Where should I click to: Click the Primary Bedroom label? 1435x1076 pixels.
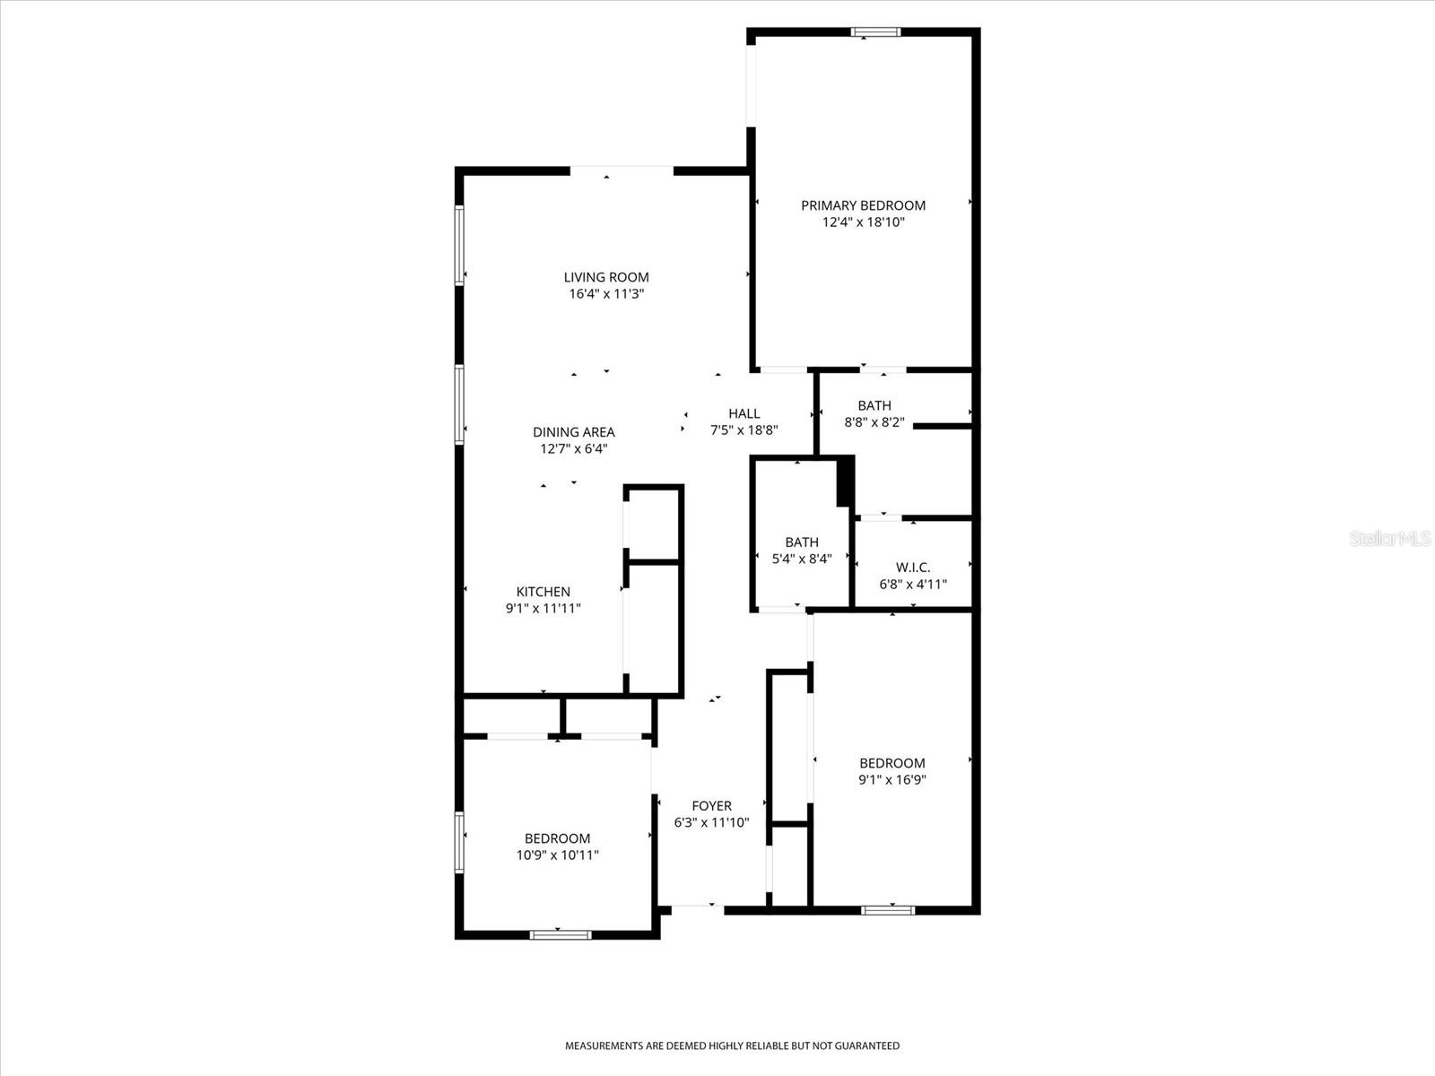(863, 205)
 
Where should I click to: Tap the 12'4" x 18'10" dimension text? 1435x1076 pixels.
(863, 221)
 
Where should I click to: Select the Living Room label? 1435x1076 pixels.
(606, 277)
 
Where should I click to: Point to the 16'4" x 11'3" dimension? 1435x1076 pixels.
(606, 293)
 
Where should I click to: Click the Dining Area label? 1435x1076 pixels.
(574, 432)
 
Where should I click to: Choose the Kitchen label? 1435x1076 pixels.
(543, 592)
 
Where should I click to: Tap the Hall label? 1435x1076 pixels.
(744, 413)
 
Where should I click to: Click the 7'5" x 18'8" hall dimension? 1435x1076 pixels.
(744, 430)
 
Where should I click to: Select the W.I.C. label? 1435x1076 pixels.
(913, 568)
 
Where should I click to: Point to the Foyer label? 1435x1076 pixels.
(711, 806)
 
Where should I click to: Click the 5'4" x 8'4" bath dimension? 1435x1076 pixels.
(802, 559)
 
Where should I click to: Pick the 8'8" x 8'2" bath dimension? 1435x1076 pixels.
(874, 422)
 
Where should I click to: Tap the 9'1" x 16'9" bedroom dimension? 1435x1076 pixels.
(891, 779)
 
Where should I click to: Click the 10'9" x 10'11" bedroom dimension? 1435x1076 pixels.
(557, 855)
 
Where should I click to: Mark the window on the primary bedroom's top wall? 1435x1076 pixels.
(875, 32)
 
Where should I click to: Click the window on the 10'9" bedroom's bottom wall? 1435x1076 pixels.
(561, 934)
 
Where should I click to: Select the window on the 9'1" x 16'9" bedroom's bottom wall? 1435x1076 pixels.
(888, 910)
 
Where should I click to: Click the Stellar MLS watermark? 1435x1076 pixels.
(1389, 539)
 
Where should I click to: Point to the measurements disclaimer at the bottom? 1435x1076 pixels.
(732, 1046)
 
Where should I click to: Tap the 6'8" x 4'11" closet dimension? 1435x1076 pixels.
(913, 585)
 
